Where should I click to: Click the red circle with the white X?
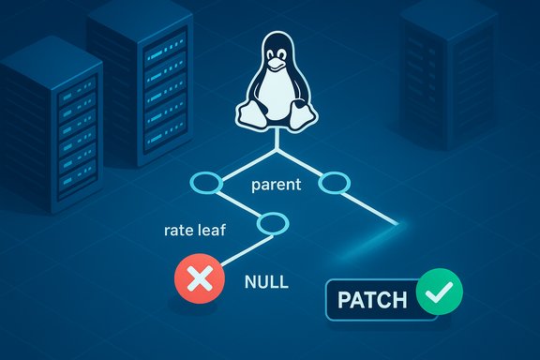click(199, 280)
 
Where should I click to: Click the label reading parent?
click(277, 185)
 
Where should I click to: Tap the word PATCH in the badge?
click(371, 301)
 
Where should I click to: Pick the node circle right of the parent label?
click(335, 184)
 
